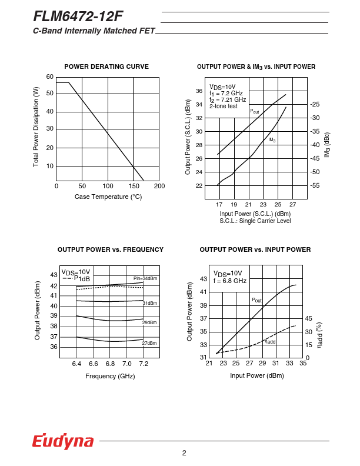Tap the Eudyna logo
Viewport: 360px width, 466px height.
point(63,441)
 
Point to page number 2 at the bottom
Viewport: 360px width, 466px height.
point(184,453)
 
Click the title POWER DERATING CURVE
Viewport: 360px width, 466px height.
point(106,66)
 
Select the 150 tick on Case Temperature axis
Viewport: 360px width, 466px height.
point(134,186)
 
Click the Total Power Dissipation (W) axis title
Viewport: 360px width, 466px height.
point(36,127)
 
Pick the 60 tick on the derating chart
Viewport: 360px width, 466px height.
point(50,77)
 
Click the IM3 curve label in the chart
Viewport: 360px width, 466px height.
point(272,140)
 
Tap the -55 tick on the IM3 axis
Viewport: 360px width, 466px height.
point(315,185)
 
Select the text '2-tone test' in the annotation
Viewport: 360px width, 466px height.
point(224,106)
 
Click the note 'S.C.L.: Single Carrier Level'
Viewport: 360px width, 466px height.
point(255,221)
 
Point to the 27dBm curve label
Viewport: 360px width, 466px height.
point(149,343)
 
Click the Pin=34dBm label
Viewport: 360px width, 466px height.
point(145,278)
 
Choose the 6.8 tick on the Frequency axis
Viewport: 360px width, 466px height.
point(110,364)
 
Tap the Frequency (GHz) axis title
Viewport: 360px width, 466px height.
point(110,376)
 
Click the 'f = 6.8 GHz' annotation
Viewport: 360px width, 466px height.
point(230,281)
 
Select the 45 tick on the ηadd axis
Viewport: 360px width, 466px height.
point(308,318)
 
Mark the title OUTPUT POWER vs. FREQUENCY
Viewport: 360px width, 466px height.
point(111,249)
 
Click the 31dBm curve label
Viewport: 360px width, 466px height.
point(149,302)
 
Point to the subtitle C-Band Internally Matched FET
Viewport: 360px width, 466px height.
point(94,31)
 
